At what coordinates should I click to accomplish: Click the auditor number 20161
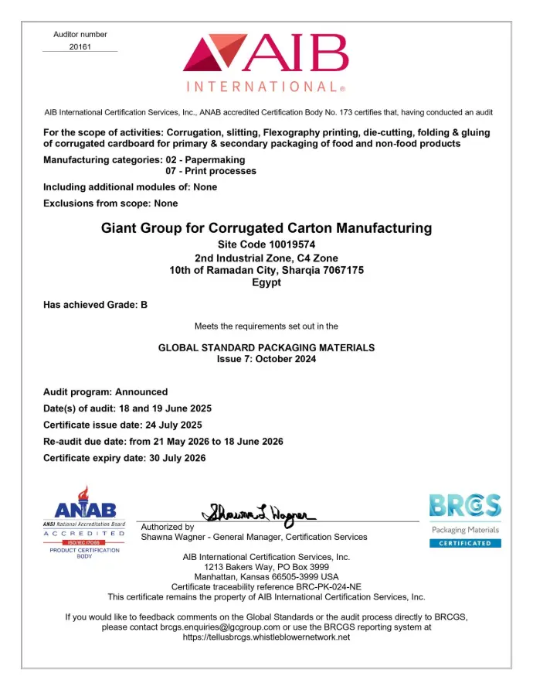80,46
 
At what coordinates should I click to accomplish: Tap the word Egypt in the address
266,282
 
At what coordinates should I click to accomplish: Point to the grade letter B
144,305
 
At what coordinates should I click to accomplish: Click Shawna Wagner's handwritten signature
260,512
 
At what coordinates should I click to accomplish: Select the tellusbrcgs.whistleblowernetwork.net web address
266,637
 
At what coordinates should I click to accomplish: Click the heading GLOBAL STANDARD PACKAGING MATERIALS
266,348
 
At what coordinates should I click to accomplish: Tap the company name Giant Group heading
266,228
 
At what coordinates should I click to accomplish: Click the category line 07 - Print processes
211,170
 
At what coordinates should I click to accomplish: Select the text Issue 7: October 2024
266,359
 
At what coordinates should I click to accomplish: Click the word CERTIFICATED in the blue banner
465,543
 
